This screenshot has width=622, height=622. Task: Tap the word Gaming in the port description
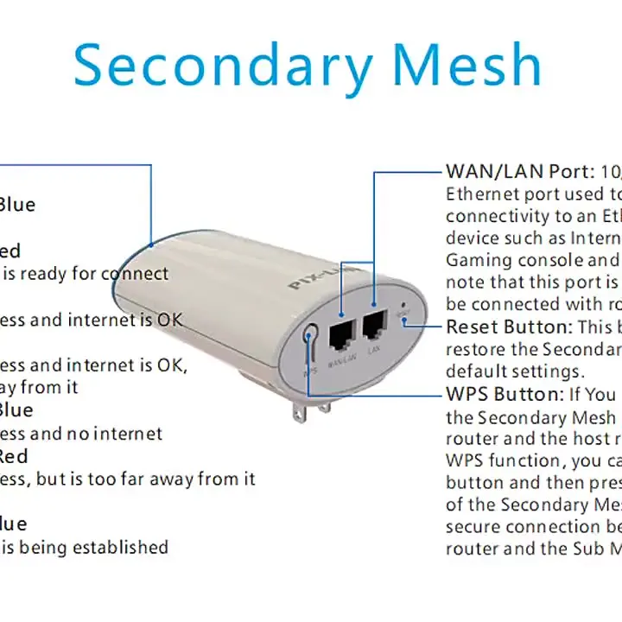click(478, 260)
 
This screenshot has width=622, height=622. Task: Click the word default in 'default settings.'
click(476, 371)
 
